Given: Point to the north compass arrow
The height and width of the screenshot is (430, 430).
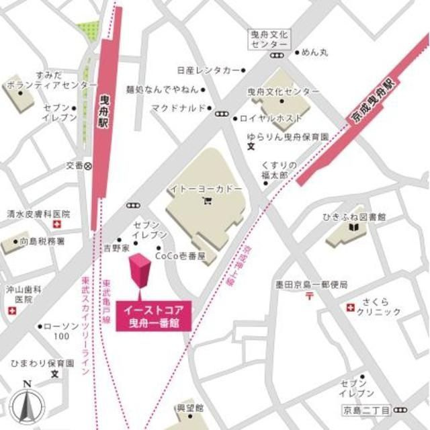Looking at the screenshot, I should point(28,402).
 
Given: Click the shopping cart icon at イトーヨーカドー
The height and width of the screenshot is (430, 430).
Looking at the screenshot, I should point(206,200).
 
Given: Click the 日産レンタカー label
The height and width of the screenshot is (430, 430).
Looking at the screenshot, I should point(208,70).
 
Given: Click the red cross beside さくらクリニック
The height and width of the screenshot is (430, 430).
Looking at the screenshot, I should point(349,307).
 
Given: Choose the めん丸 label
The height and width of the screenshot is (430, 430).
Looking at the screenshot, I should point(315,50).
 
